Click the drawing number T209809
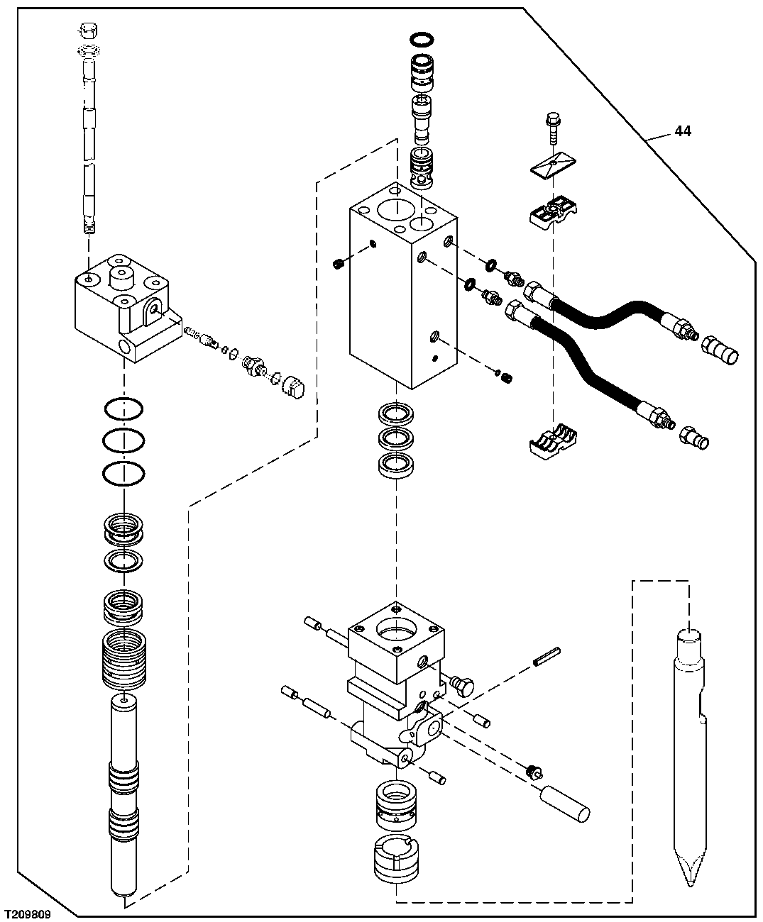pos(28,914)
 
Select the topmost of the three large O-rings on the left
pos(123,409)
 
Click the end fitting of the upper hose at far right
pos(720,348)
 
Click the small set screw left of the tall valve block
pos(339,265)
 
